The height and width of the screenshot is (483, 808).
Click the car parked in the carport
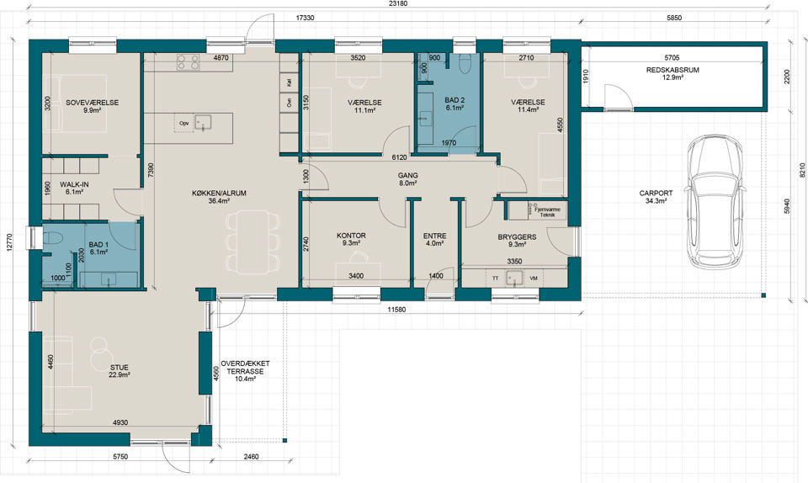[x=715, y=202]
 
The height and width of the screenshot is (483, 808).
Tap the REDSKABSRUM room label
[x=672, y=70]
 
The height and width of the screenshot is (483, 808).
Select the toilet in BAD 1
[x=51, y=240]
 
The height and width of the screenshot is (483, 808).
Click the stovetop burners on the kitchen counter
[x=188, y=62]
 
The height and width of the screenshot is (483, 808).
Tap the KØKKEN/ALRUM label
[x=219, y=194]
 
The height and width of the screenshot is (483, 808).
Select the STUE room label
[x=119, y=368]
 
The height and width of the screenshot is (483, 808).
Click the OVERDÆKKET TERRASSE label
[x=245, y=367]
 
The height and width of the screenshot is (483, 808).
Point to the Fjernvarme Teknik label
[x=547, y=212]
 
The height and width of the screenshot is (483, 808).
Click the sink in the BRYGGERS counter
[x=514, y=278]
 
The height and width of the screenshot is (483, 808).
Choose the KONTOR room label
[x=351, y=236]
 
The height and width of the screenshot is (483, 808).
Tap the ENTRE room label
[x=435, y=236]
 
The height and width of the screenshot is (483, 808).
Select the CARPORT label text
[x=656, y=194]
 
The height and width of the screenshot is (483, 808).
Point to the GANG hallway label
[x=407, y=176]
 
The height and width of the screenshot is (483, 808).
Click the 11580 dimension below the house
[x=397, y=310]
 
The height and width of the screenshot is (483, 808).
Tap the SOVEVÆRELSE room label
[x=93, y=103]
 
